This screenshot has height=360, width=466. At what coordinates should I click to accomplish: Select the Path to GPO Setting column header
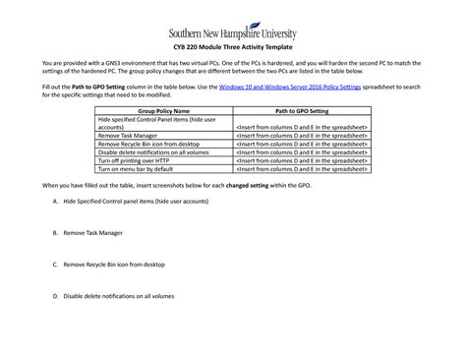pos(301,111)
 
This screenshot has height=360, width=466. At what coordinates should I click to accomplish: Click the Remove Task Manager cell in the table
pos(127,136)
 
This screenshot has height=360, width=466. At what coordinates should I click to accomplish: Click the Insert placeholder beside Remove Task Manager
pos(301,136)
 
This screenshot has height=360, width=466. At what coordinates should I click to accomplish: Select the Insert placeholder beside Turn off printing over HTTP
pos(301,159)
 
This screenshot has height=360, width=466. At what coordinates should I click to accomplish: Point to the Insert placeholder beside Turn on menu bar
pos(301,167)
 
